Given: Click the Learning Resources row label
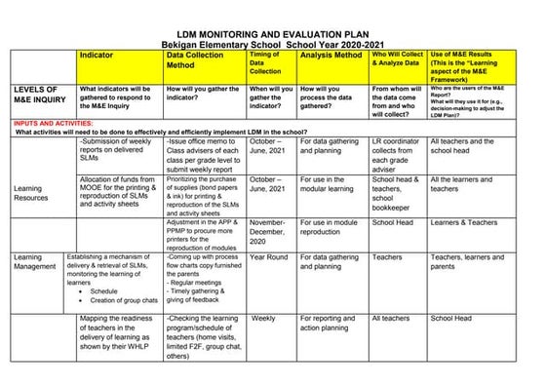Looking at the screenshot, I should pos(28,192).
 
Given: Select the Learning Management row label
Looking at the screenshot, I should pos(34,263).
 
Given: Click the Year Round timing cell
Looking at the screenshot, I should pos(269,257).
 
